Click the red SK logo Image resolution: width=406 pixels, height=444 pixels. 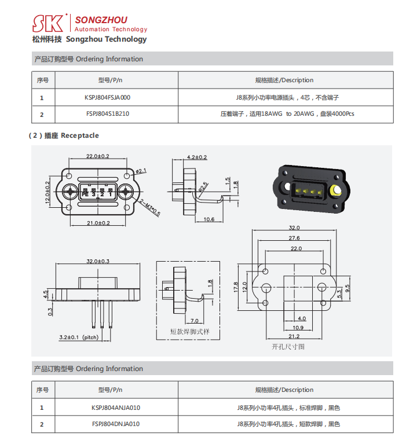49,23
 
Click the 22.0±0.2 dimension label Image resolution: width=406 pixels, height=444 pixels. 98,157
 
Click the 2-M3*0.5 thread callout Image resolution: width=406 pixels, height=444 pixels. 150,207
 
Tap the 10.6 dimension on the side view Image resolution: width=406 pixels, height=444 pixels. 209,219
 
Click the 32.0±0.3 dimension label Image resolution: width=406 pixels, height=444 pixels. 98,262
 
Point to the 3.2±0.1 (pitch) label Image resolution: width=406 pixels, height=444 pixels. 79,337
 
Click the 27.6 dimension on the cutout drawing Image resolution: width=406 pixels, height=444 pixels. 294,238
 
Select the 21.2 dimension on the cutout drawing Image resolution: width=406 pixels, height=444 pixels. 294,336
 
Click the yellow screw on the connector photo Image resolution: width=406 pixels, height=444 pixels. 335,191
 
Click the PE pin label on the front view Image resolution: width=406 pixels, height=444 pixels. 85,195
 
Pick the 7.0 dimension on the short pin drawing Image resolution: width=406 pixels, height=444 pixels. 194,321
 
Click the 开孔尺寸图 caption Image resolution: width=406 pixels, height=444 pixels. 288,347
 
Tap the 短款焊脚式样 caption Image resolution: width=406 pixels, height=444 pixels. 189,332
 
